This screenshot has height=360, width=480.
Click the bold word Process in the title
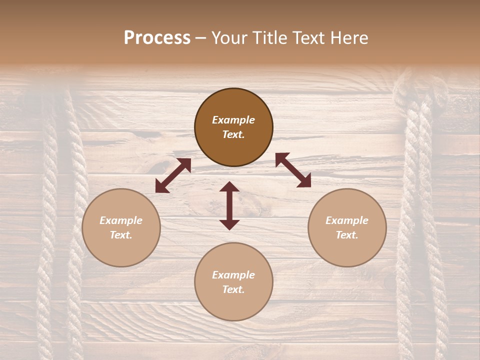click(x=157, y=38)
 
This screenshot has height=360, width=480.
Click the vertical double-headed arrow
click(x=229, y=205)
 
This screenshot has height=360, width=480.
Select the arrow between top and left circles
click(x=173, y=175)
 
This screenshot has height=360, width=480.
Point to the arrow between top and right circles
click(x=293, y=170)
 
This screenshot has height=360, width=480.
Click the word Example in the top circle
click(x=233, y=120)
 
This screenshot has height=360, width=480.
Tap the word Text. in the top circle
click(x=233, y=134)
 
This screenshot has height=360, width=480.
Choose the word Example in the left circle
click(x=121, y=220)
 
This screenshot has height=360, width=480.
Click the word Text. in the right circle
click(x=347, y=235)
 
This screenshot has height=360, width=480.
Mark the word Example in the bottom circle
click(x=233, y=275)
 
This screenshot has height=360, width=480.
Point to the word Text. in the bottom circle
click(x=233, y=289)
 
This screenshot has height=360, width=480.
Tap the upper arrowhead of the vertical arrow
click(x=229, y=188)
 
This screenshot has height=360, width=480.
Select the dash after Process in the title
click(x=201, y=38)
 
